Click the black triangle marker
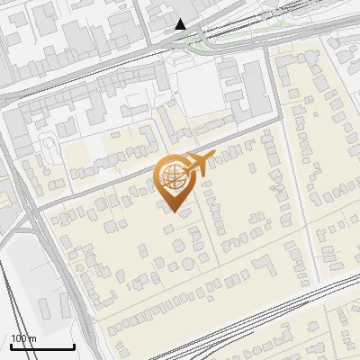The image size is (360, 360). (181, 23)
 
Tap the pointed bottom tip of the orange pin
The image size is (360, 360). (174, 211)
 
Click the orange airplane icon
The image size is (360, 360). (196, 164)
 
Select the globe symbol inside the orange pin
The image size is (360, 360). (170, 177)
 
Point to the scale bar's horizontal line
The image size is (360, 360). (42, 346)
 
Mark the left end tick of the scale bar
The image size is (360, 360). (11, 345)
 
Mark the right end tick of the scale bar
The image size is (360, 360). (74, 345)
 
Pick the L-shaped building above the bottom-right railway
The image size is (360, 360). (265, 267)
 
